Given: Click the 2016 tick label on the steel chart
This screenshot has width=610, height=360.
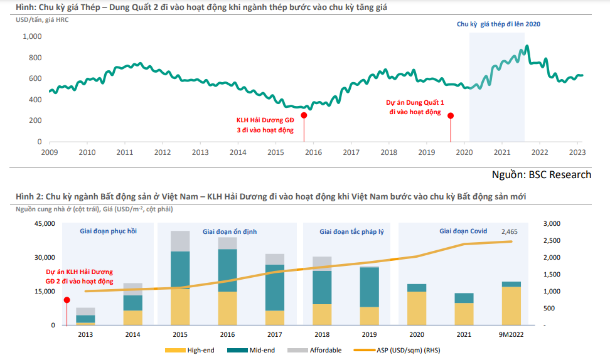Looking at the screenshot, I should [313, 152].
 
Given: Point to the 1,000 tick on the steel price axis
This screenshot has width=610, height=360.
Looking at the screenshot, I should [32, 36].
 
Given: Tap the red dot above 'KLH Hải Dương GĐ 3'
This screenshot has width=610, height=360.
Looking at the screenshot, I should [304, 115].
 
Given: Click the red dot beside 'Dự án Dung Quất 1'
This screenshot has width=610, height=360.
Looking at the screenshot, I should [450, 115].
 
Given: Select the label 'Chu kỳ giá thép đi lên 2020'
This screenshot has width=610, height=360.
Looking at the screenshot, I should [498, 24].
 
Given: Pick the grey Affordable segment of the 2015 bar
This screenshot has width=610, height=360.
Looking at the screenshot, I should [181, 241].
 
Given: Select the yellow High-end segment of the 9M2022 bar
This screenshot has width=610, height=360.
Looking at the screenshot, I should [511, 306].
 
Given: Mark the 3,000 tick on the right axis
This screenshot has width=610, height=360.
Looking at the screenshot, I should [551, 224].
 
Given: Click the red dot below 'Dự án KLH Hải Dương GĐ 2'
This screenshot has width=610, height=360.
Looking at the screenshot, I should [67, 300].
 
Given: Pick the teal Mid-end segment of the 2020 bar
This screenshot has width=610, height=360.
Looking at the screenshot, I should [416, 288].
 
